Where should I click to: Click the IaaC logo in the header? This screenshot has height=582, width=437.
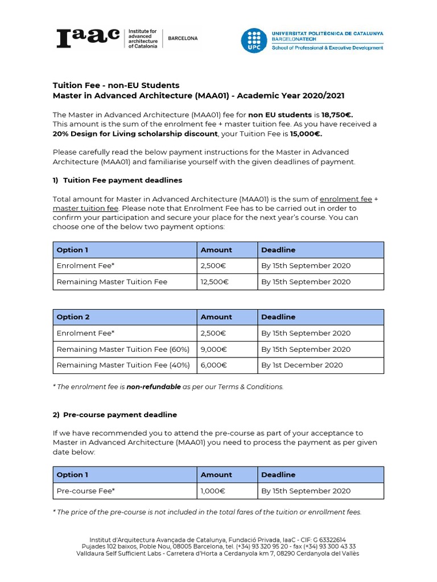pyautogui.click(x=88, y=38)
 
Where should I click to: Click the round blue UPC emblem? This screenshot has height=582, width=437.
pyautogui.click(x=253, y=40)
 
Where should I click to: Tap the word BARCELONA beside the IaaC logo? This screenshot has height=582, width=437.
pyautogui.click(x=182, y=38)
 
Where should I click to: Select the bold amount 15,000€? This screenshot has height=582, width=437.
pyautogui.click(x=306, y=134)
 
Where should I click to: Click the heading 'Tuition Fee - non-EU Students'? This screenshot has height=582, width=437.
pyautogui.click(x=116, y=85)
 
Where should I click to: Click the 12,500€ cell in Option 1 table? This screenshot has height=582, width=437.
pyautogui.click(x=214, y=282)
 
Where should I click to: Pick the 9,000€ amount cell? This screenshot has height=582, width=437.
pyautogui.click(x=214, y=350)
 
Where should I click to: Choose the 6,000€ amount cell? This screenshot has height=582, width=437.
pyautogui.click(x=214, y=365)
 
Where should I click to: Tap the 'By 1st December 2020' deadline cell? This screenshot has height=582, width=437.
pyautogui.click(x=302, y=365)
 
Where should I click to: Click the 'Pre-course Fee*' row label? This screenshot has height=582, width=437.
pyautogui.click(x=86, y=491)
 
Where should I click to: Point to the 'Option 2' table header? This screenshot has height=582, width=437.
pyautogui.click(x=73, y=317)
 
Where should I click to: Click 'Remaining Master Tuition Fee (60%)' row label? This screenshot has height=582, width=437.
pyautogui.click(x=123, y=350)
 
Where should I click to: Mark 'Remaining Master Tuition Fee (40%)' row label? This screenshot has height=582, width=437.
pyautogui.click(x=123, y=365)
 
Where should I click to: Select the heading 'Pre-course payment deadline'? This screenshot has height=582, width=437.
pyautogui.click(x=119, y=415)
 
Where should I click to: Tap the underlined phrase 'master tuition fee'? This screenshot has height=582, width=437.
pyautogui.click(x=85, y=209)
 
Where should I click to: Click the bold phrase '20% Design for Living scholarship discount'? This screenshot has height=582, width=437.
pyautogui.click(x=135, y=134)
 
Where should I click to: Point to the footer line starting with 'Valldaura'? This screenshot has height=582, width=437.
pyautogui.click(x=218, y=554)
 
